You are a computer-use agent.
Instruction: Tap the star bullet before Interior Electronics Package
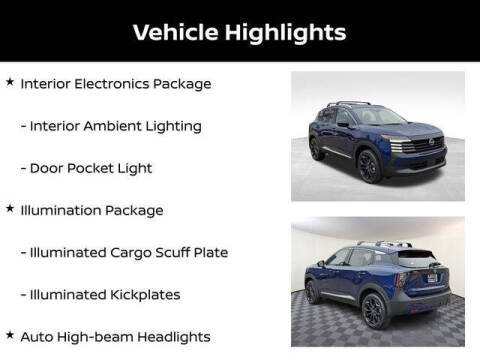click(x=10, y=83)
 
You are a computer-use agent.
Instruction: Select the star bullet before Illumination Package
click(x=10, y=210)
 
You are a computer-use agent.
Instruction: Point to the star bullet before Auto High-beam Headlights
click(x=10, y=335)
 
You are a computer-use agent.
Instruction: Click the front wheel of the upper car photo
click(x=369, y=166)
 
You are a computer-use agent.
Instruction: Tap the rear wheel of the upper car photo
click(x=318, y=149)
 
